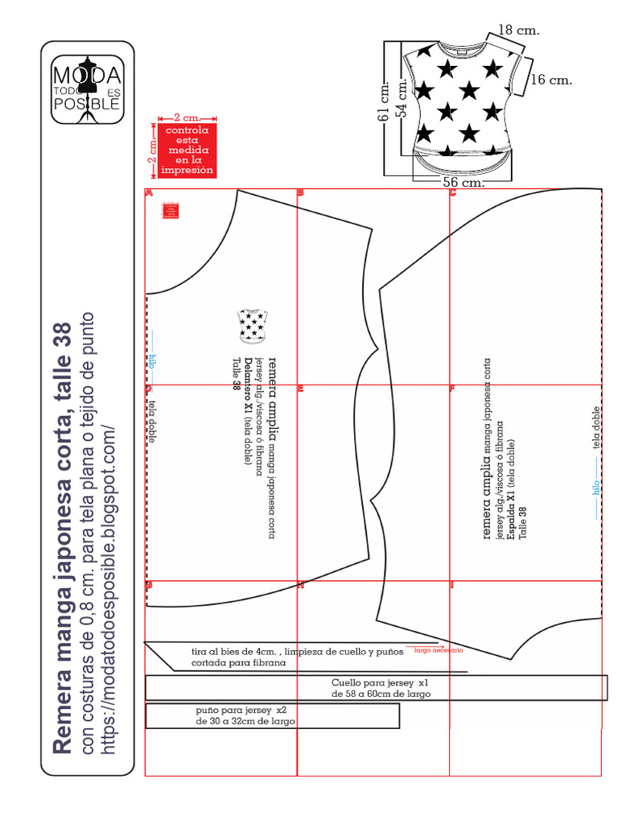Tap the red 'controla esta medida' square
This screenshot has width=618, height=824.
(x=187, y=150)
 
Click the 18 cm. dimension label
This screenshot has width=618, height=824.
(x=519, y=31)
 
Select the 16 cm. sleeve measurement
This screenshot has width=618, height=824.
(x=552, y=80)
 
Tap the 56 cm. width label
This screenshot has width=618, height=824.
(x=463, y=183)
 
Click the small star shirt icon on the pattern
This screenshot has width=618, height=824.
(x=253, y=324)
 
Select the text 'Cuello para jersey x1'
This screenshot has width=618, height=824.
(x=375, y=682)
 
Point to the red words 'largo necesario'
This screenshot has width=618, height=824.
(x=439, y=649)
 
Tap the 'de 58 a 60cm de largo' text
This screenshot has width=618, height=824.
(x=381, y=694)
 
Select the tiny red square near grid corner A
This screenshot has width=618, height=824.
(x=170, y=209)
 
